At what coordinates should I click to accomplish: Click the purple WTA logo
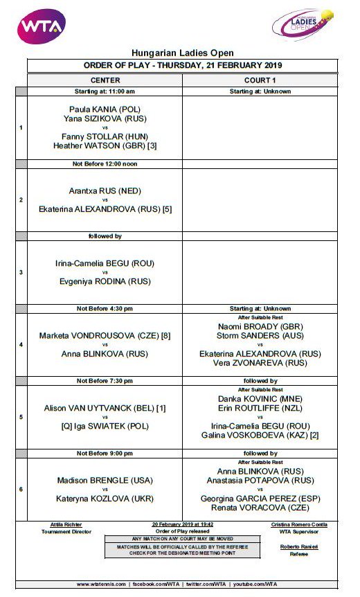coord(41,26)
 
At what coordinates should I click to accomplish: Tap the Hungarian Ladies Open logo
coord(303,25)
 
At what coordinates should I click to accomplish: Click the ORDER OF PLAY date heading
coord(182,66)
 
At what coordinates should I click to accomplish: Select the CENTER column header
coord(105,80)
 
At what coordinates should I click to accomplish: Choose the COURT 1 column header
coord(260,80)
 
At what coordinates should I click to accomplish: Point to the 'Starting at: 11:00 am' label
coord(105,91)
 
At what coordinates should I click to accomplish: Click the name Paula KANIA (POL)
coord(105,109)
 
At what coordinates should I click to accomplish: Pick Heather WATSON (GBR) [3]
coord(105,146)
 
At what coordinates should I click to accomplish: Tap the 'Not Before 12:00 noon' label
coord(105,163)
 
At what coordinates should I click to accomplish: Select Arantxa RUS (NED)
coord(105,190)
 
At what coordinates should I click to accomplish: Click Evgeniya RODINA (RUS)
coord(105,281)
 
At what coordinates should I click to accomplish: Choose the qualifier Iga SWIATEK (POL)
coord(105,427)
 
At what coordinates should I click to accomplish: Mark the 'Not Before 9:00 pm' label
coord(105,453)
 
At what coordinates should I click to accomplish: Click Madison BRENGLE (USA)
coord(105,481)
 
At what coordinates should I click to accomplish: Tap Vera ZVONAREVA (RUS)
coord(260,362)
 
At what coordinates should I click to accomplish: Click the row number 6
coord(21,489)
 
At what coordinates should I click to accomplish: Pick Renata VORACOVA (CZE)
coord(260,507)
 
